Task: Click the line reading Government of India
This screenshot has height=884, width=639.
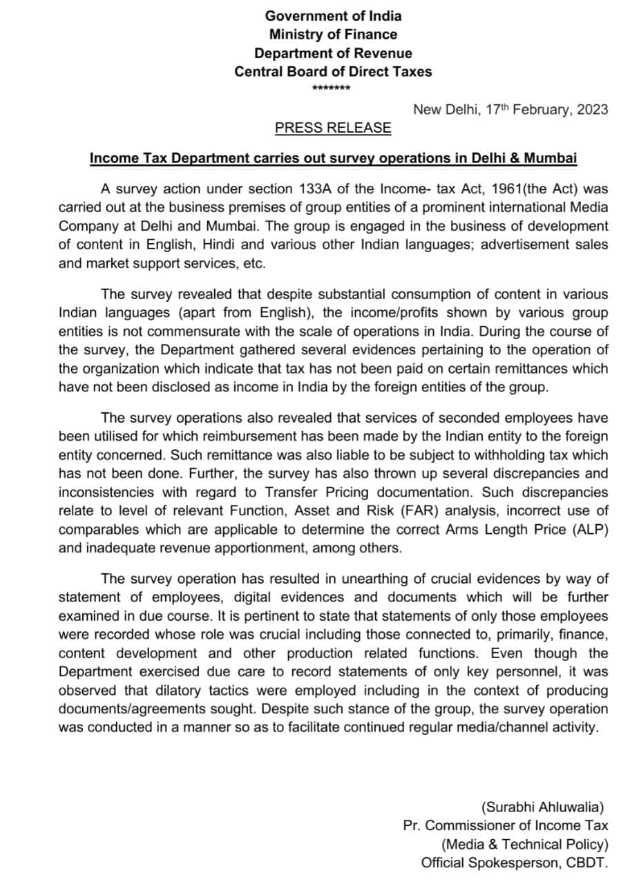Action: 333,15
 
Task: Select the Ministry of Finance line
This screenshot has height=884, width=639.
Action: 333,34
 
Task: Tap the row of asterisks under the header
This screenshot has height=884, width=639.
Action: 332,88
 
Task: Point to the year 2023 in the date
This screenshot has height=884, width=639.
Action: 592,109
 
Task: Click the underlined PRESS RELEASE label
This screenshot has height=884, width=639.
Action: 333,128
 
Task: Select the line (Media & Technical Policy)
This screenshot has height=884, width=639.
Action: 524,844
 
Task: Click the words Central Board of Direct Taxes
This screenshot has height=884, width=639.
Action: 333,71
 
